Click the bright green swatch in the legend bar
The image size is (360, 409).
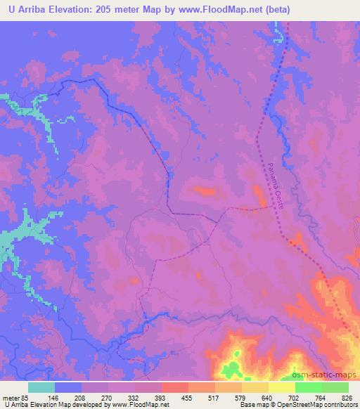(x=308, y=387)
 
